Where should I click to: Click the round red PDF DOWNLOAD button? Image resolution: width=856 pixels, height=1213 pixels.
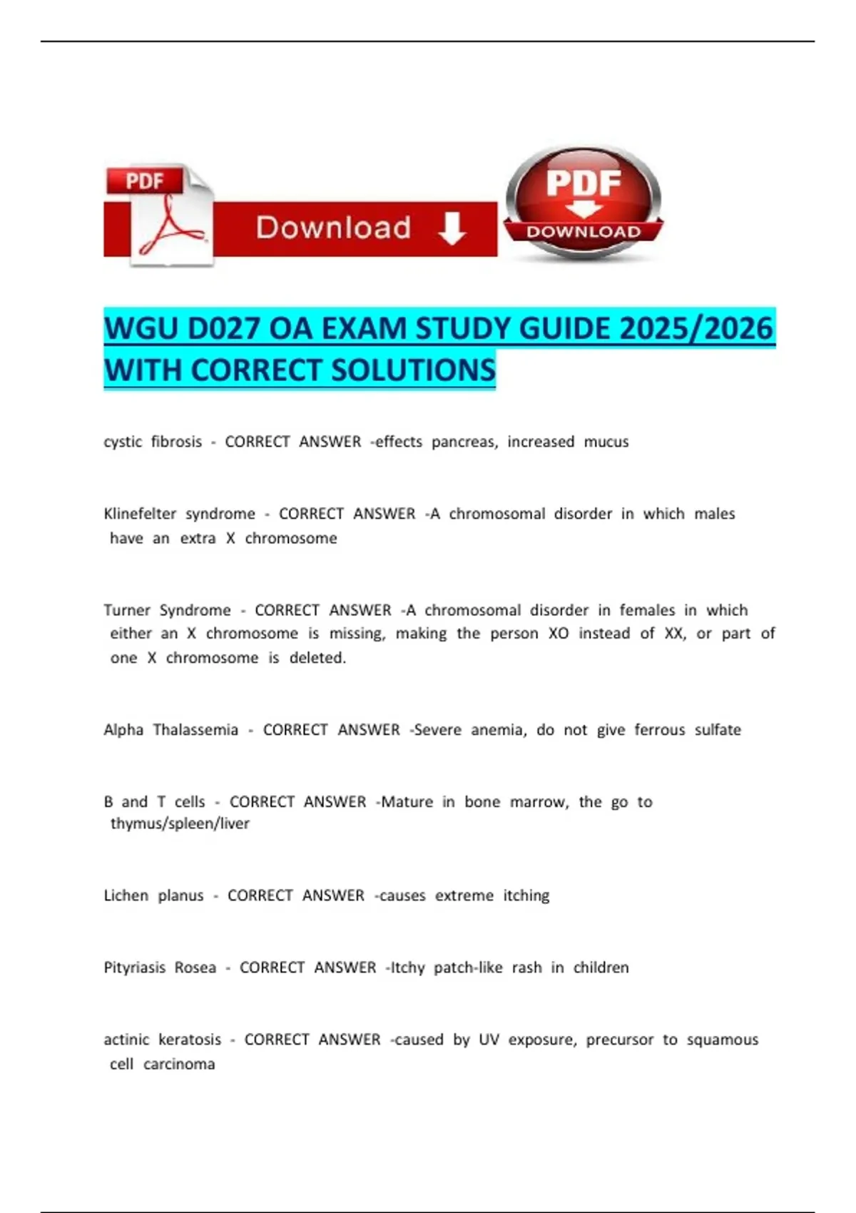coord(584,203)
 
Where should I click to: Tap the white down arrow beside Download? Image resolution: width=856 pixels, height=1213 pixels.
coord(452,229)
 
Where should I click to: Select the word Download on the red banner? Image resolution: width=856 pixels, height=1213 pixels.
coord(333,228)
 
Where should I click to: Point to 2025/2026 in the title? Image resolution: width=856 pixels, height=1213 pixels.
coord(696,329)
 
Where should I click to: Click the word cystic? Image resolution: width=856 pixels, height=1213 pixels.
coord(123,442)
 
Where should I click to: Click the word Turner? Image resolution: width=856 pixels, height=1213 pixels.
coord(126,610)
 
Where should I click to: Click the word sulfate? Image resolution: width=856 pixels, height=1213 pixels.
coord(718,730)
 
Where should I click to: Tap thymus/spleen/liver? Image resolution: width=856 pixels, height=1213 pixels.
coord(180,823)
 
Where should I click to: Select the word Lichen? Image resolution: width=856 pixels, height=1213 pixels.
coord(126,895)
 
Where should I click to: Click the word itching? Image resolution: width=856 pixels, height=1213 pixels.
coord(526,895)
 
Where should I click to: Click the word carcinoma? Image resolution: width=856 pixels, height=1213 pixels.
coord(179,1064)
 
